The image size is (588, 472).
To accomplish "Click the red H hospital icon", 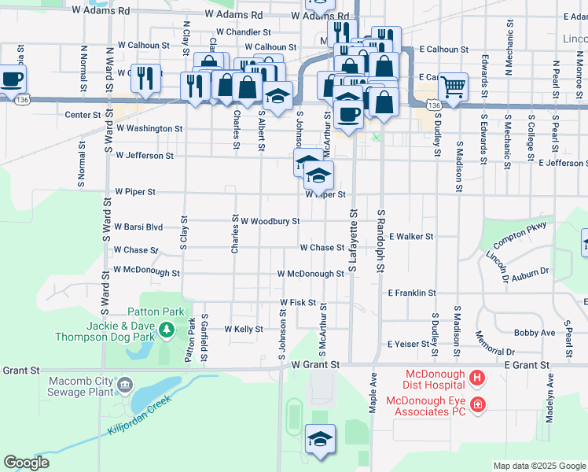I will (x=476, y=379).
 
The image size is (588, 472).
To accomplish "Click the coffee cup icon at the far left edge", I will (x=11, y=79).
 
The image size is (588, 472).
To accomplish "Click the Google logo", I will (x=26, y=462).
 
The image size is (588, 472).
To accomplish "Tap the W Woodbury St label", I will (x=270, y=222).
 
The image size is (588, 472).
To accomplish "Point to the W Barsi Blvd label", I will (x=138, y=227).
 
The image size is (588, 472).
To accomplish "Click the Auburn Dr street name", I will (x=529, y=273).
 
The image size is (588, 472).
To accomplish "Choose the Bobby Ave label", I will (x=535, y=334).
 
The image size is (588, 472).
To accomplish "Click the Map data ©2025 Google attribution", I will (x=538, y=466).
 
